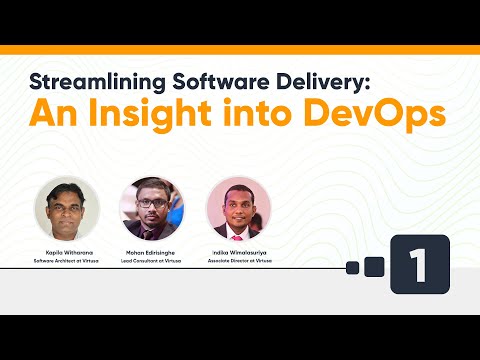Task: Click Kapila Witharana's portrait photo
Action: [67, 207]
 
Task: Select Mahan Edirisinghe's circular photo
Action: [153, 207]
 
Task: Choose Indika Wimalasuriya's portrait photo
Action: [238, 207]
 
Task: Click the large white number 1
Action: [419, 265]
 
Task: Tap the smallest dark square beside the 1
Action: [352, 267]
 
